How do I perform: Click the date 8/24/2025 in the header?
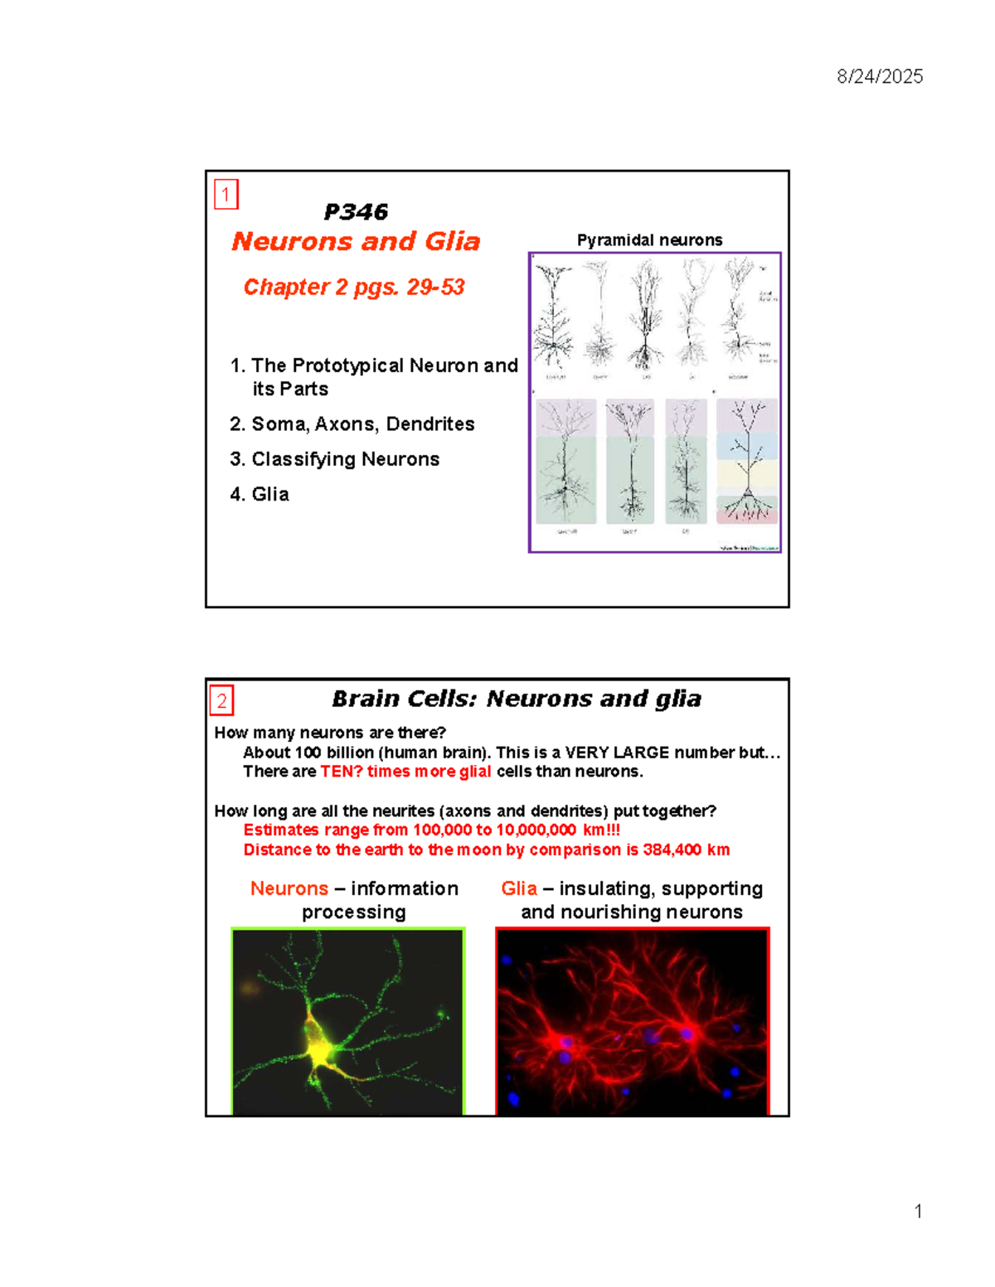tap(879, 77)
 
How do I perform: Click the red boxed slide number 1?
tap(226, 195)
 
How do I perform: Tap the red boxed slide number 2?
tap(221, 700)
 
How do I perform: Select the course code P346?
tap(356, 212)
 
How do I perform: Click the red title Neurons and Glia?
tap(356, 241)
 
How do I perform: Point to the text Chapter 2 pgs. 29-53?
tap(353, 287)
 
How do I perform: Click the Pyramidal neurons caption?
tap(649, 240)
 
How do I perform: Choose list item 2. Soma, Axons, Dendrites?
tap(352, 424)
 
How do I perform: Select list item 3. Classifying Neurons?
tap(335, 459)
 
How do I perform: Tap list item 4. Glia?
tap(260, 495)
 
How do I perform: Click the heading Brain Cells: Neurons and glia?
tap(516, 699)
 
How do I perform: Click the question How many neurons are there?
tap(330, 733)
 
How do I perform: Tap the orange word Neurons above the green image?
tap(289, 888)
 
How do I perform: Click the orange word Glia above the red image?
tap(519, 888)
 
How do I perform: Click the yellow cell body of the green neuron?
tap(319, 1048)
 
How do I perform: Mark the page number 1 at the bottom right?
tap(918, 1212)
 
